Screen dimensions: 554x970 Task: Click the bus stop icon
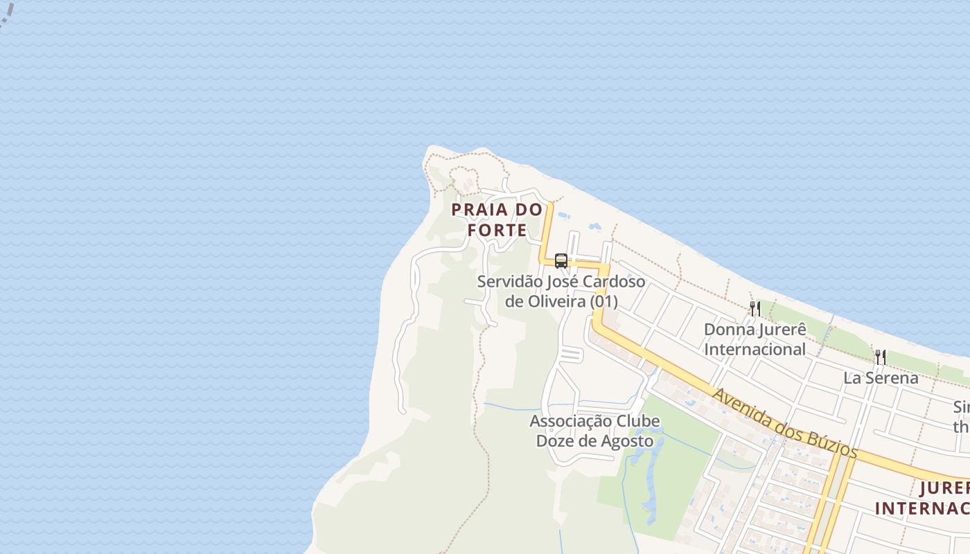click(561, 261)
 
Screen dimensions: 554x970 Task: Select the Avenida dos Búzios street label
click(785, 423)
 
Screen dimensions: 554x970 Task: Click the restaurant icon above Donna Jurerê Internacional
click(755, 308)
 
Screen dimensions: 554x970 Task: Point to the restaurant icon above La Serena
click(881, 357)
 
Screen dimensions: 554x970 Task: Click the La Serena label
click(881, 378)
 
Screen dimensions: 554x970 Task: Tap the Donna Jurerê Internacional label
click(755, 339)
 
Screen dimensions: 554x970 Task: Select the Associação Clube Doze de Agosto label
click(594, 431)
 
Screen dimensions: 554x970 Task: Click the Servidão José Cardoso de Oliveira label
click(561, 292)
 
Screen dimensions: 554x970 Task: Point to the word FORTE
click(497, 230)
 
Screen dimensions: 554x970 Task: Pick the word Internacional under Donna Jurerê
click(755, 349)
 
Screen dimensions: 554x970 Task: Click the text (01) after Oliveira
click(603, 302)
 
